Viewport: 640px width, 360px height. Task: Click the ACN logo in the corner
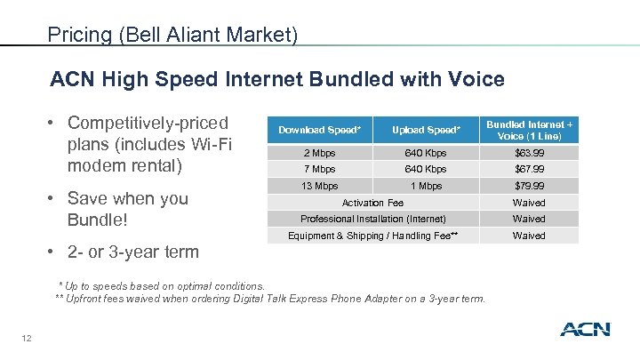[585, 329]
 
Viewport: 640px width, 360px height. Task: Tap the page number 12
[28, 336]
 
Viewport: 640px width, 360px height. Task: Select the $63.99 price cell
[528, 152]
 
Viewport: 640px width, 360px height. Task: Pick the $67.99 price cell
[528, 169]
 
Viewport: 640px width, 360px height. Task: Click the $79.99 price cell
[528, 186]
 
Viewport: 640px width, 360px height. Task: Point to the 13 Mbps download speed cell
[319, 186]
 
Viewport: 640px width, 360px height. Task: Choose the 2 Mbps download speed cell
[319, 152]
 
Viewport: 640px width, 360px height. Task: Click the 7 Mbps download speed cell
[319, 169]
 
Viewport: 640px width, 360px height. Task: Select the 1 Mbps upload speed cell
[426, 186]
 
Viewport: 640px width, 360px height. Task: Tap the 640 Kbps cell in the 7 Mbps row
[426, 169]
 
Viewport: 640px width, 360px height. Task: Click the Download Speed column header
[319, 130]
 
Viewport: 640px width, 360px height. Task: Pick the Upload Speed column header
[426, 130]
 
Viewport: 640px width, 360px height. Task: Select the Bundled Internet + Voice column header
[528, 130]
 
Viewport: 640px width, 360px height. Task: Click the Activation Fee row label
[372, 203]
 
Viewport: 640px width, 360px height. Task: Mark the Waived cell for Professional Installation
[528, 219]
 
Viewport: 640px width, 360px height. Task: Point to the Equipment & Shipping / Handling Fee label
[372, 236]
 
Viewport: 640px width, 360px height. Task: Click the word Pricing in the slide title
[80, 35]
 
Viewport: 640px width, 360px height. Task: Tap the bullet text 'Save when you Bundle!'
[127, 209]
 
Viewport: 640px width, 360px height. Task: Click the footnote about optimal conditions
[161, 285]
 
